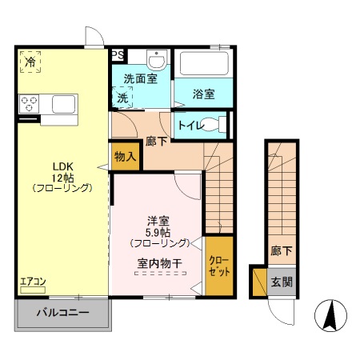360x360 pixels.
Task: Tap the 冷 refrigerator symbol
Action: click(30, 62)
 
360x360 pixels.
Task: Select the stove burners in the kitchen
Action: click(30, 103)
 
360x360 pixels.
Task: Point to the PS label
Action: click(118, 55)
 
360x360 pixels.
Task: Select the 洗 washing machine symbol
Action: click(123, 98)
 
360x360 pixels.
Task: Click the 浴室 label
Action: click(203, 94)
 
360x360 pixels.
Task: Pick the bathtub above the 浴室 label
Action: click(202, 64)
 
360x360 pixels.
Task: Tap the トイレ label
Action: click(189, 125)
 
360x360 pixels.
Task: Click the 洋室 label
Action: click(157, 219)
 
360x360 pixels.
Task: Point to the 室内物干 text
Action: click(159, 261)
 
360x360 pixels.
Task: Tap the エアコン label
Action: click(34, 281)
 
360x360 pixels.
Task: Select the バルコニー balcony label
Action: click(61, 314)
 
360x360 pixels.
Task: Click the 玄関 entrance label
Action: click(281, 282)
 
